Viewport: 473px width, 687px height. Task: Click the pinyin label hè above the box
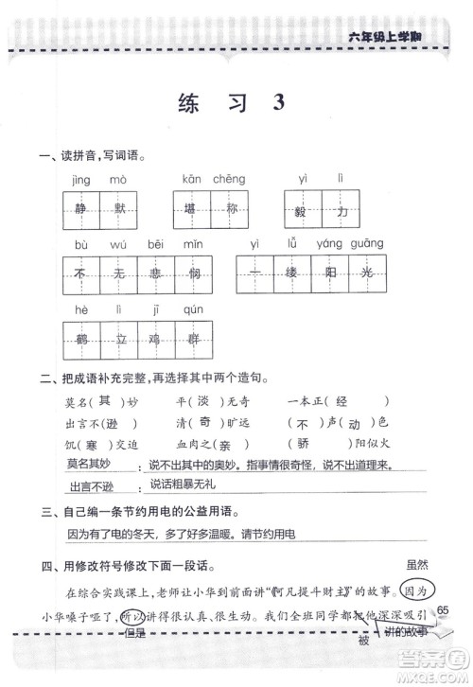tap(79, 309)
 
